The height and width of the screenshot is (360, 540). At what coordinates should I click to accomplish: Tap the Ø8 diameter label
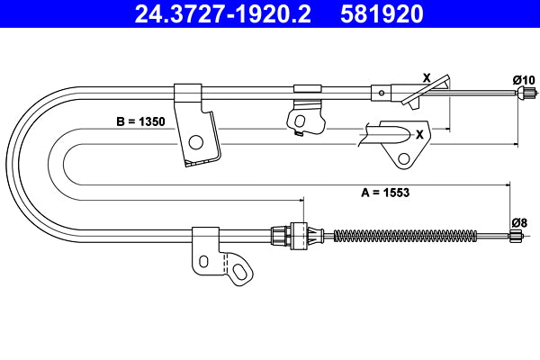point(518,222)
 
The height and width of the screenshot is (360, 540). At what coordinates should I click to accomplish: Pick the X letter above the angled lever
point(426,77)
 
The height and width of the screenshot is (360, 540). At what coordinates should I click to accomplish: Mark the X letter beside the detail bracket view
point(419,133)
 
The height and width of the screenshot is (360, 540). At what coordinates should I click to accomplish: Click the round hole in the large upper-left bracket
point(195,141)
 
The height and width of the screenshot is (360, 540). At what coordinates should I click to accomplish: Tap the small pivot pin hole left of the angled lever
point(382,91)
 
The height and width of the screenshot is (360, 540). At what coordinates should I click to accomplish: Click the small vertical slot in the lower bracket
point(204,261)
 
